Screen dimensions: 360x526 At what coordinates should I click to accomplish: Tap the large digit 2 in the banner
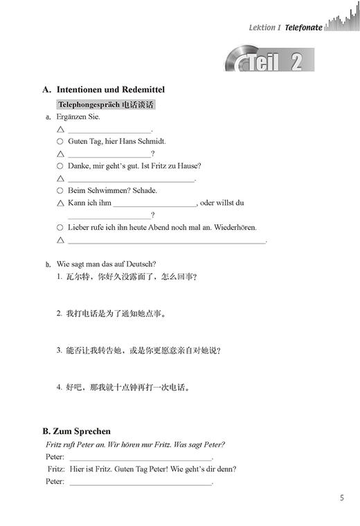pyautogui.click(x=296, y=63)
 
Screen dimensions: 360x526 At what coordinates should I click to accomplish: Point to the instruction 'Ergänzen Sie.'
pyautogui.click(x=78, y=117)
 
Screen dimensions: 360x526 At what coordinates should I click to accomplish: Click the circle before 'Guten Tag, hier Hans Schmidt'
pyautogui.click(x=60, y=141)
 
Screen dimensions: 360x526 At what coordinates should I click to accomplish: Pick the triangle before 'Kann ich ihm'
pyautogui.click(x=60, y=203)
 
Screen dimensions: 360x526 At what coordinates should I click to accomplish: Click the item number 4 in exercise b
pyautogui.click(x=60, y=388)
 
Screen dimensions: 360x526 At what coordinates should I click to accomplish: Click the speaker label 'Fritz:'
pyautogui.click(x=57, y=469)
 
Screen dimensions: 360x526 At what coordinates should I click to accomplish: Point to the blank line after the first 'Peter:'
pyautogui.click(x=141, y=459)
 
